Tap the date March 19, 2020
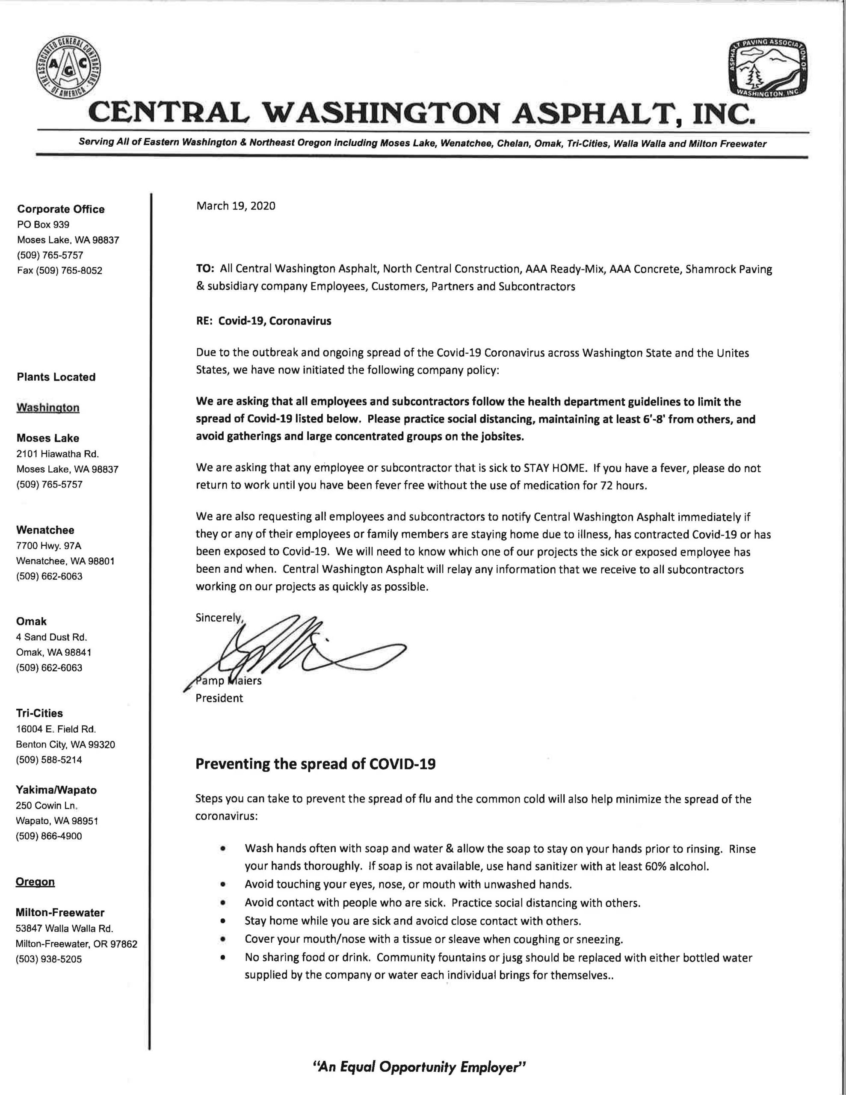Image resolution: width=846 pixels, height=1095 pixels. point(236,206)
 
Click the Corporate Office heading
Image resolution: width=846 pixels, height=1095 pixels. point(61,209)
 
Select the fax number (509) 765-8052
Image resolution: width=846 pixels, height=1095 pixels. point(60,271)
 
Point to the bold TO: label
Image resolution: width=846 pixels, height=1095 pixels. point(205,269)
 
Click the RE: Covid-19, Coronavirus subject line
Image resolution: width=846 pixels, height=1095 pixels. point(263,321)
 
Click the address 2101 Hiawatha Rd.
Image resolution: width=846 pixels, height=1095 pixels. point(58,454)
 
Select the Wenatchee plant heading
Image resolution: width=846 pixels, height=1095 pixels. point(45,530)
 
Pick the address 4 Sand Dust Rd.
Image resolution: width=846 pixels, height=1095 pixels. point(52,637)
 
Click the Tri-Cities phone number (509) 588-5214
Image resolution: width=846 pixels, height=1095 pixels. point(49,760)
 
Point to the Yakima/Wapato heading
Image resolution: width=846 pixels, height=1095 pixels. point(56,790)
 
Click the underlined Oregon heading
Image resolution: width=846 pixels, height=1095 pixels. point(35,882)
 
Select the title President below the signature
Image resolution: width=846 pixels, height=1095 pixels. point(219,698)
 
